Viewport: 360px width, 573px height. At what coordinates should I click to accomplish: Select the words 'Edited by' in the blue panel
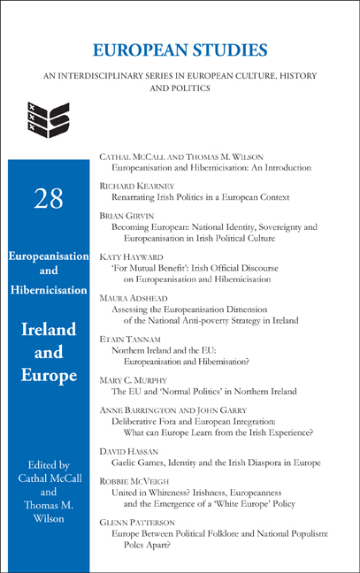point(49,462)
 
